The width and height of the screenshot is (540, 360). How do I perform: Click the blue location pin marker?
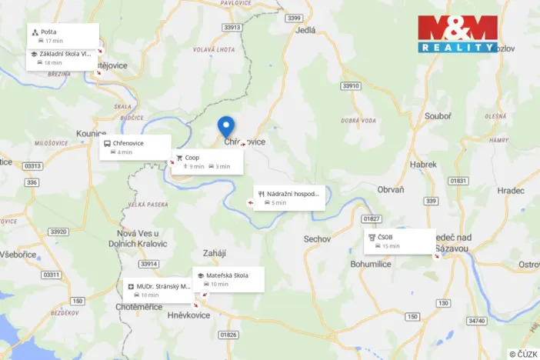[226, 125]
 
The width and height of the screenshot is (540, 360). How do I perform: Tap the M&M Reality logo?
[458, 34]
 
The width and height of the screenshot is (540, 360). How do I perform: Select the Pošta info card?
[63, 35]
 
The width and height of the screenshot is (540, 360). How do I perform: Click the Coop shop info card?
[207, 162]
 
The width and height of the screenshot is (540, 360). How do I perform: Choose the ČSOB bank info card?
[399, 242]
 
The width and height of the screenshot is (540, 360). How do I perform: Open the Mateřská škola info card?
[229, 279]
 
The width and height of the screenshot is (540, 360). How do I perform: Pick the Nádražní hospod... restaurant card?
[289, 198]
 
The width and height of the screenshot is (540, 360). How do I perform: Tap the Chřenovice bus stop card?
[135, 147]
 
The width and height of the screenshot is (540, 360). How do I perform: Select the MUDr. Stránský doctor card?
[158, 290]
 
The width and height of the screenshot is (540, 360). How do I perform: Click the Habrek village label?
[423, 165]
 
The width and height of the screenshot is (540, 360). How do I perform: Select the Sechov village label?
[317, 239]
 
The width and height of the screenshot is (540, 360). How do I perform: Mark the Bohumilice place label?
[371, 264]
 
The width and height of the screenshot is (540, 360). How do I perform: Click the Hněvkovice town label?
[188, 315]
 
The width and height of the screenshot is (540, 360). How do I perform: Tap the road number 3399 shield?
[292, 17]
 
